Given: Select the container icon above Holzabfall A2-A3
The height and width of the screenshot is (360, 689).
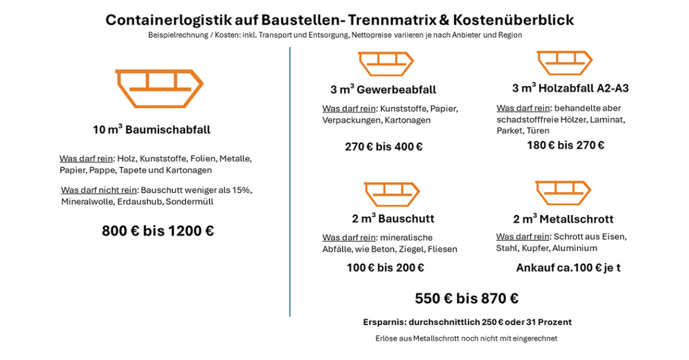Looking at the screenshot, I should pos(564,63).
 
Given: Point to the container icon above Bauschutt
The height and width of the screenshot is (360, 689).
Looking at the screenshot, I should pos(391,194).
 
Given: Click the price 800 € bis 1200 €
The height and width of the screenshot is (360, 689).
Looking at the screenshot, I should pos(158,231).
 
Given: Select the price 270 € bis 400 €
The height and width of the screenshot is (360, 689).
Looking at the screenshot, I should pos(384,147).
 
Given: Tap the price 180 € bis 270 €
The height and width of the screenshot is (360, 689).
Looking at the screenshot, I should pos(566,145).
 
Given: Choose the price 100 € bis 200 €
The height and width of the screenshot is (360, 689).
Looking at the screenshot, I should pos(385,268).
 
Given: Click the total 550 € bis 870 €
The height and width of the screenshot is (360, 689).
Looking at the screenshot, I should pos(467,299).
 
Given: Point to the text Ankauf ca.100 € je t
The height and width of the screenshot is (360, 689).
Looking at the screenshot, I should pos(568,268).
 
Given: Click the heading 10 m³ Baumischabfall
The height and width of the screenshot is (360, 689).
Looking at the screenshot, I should pos(152,129).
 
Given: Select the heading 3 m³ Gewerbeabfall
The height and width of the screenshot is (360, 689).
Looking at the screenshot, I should pos(383,90).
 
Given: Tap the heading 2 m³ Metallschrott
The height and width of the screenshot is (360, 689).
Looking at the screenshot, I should pos(563,219).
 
